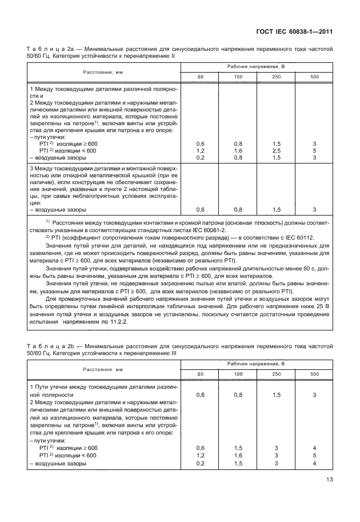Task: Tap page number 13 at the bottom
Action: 329,480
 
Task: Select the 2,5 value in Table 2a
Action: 275,150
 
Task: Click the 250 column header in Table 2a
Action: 275,77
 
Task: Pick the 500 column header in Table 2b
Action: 314,374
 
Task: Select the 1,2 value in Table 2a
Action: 200,150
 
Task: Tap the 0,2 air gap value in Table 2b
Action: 200,464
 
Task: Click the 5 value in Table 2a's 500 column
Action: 314,150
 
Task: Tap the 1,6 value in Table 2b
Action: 238,456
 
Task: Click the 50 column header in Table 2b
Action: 200,374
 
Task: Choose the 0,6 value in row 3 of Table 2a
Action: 200,210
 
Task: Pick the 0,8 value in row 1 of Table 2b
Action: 238,395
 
